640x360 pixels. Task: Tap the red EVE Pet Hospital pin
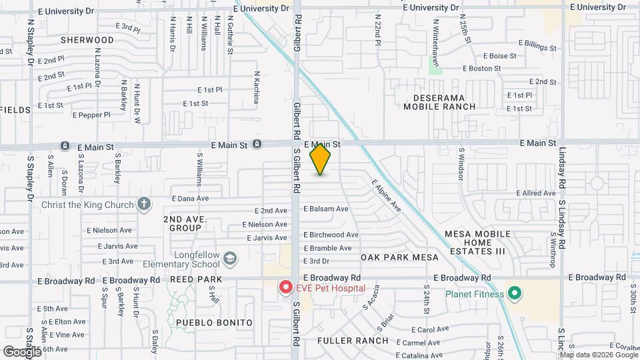coord(286,287)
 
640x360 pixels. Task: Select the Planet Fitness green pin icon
coord(514,293)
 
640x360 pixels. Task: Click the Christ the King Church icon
coord(143,205)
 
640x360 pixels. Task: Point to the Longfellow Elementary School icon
coord(230,257)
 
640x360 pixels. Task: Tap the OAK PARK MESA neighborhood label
coord(399,257)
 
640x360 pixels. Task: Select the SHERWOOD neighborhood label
coord(87,40)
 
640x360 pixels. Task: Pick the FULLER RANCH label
coord(353,341)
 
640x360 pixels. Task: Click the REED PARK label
coord(190,280)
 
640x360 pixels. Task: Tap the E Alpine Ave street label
coord(386,196)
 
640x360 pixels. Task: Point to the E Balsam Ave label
coord(326,209)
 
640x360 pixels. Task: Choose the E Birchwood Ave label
coord(331,235)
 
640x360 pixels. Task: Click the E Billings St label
coord(530,48)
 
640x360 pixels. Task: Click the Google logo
coord(22,351)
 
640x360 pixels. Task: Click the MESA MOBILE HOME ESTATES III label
coord(479,243)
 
